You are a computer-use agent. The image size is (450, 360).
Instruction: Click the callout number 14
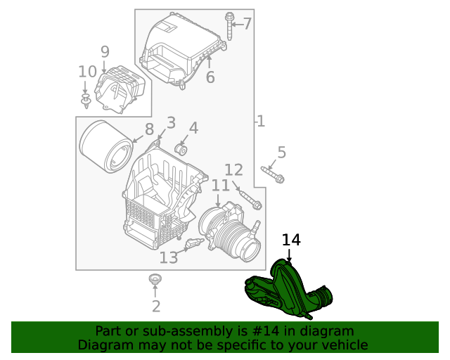pyautogui.click(x=291, y=240)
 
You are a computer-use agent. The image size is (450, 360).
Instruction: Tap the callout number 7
pyautogui.click(x=247, y=25)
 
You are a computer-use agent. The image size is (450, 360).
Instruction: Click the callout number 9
pyautogui.click(x=105, y=51)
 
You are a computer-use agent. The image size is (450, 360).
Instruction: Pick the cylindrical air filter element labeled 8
pyautogui.click(x=105, y=146)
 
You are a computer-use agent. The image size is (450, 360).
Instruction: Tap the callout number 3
pyautogui.click(x=171, y=124)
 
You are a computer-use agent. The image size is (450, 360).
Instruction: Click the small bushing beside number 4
pyautogui.click(x=180, y=149)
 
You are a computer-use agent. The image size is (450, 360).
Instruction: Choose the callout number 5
pyautogui.click(x=281, y=152)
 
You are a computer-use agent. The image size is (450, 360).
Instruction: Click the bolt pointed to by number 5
pyautogui.click(x=271, y=174)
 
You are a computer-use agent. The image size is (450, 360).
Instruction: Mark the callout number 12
pyautogui.click(x=233, y=169)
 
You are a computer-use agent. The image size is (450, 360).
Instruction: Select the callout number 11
pyautogui.click(x=220, y=185)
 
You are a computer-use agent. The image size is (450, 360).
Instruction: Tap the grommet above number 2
pyautogui.click(x=155, y=281)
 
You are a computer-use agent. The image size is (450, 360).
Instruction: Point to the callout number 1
pyautogui.click(x=261, y=122)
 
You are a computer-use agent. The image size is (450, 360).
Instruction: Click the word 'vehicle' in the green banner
pyautogui.click(x=344, y=345)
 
